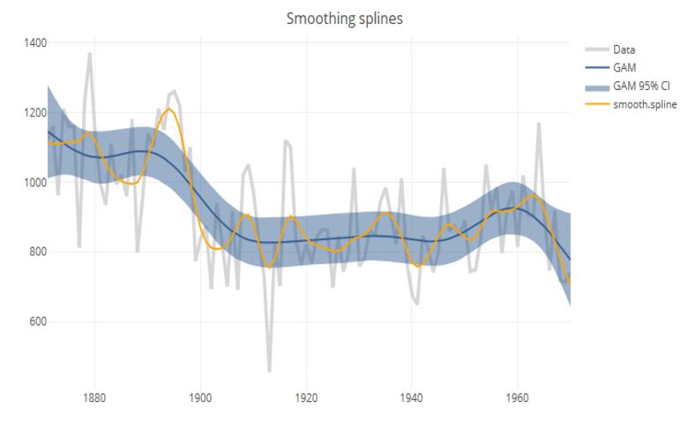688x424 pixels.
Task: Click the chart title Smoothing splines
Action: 345,19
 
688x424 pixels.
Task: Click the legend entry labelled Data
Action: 624,49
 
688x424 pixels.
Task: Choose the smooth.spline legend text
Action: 645,104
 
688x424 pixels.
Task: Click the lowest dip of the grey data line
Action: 269,371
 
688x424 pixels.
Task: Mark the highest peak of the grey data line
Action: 89,54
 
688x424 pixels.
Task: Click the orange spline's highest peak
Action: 169,110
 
